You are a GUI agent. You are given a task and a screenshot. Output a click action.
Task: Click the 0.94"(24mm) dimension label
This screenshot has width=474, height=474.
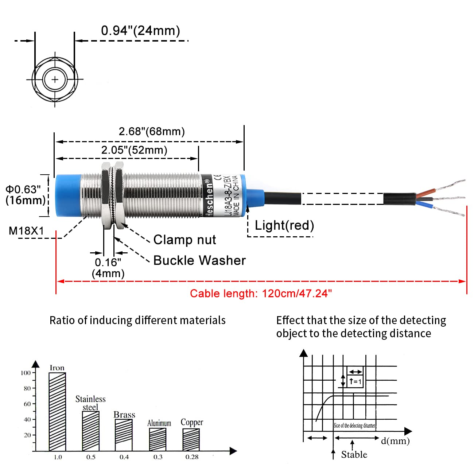(x=140, y=31)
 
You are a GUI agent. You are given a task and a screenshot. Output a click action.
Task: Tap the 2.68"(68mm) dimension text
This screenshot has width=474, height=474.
(x=152, y=131)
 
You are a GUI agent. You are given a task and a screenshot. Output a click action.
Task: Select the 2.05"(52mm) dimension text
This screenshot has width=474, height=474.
(x=134, y=150)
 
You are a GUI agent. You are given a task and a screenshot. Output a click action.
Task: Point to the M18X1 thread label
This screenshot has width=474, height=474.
(x=26, y=231)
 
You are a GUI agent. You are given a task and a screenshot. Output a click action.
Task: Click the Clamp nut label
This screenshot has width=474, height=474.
(x=184, y=240)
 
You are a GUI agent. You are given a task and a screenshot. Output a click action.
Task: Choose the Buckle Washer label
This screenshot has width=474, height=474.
(x=199, y=260)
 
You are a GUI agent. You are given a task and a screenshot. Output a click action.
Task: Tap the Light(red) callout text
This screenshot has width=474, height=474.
(x=284, y=225)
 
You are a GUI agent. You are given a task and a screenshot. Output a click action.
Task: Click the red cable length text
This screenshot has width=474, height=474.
(x=261, y=294)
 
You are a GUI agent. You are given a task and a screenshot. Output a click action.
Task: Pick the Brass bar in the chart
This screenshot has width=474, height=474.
(x=124, y=435)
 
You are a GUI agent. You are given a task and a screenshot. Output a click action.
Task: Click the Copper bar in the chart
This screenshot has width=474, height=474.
(x=191, y=439)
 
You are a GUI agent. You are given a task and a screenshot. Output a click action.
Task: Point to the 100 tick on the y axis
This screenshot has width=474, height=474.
(x=26, y=373)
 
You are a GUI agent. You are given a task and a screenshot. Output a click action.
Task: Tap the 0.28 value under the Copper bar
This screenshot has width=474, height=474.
(x=192, y=457)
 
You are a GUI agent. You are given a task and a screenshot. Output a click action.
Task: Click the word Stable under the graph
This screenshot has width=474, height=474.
(x=354, y=454)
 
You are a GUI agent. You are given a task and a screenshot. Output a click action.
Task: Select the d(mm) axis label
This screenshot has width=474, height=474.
(x=395, y=441)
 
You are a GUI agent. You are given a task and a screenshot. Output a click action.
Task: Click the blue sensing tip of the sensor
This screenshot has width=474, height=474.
(x=67, y=196)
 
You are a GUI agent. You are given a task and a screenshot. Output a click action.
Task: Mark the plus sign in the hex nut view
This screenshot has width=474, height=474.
(x=55, y=79)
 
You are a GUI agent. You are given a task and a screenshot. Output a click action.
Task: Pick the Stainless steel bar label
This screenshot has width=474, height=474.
(x=90, y=403)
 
